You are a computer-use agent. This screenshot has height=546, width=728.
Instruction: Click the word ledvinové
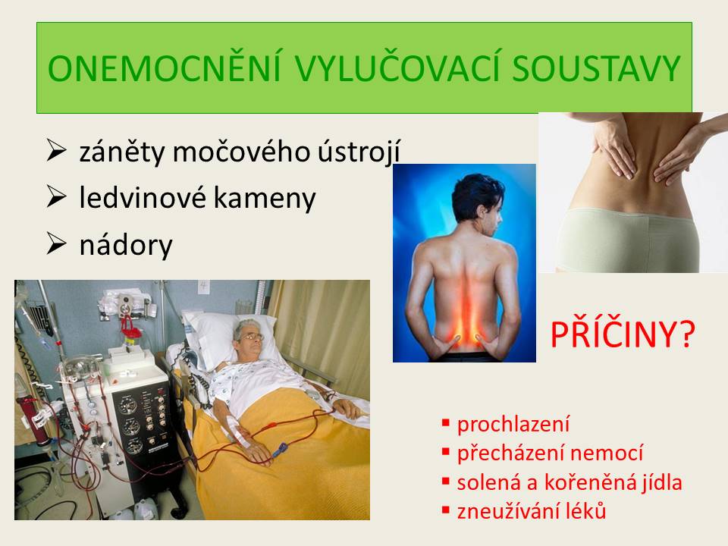(142, 198)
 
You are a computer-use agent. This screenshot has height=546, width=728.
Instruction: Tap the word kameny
(265, 199)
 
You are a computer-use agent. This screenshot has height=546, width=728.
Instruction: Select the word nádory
(126, 245)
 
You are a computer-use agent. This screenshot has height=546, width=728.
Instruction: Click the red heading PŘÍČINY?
(623, 334)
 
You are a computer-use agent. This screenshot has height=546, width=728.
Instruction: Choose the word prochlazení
(513, 424)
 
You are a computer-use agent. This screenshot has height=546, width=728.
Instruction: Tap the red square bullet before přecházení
(446, 451)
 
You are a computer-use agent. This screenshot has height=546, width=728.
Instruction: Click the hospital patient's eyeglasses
(251, 337)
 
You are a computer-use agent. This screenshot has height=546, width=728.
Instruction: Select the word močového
(241, 152)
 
